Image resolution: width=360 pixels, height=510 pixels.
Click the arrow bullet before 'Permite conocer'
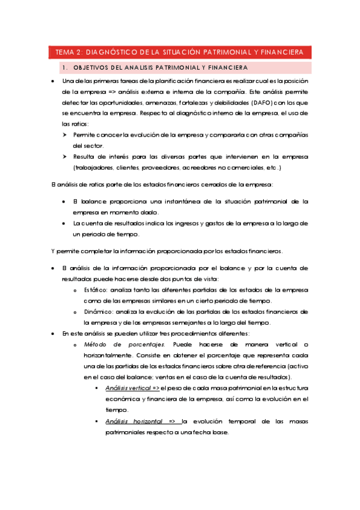[x=64, y=135]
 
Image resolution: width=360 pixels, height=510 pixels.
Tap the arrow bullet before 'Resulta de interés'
[x=64, y=156]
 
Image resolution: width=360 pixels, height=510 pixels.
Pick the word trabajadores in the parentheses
[x=94, y=167]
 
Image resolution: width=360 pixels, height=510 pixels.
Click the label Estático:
[x=96, y=290]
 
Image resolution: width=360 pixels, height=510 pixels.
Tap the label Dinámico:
[x=98, y=312]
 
